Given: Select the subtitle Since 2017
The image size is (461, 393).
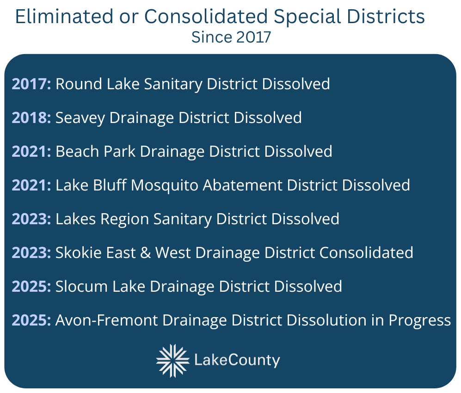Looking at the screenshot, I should pos(231,37).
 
